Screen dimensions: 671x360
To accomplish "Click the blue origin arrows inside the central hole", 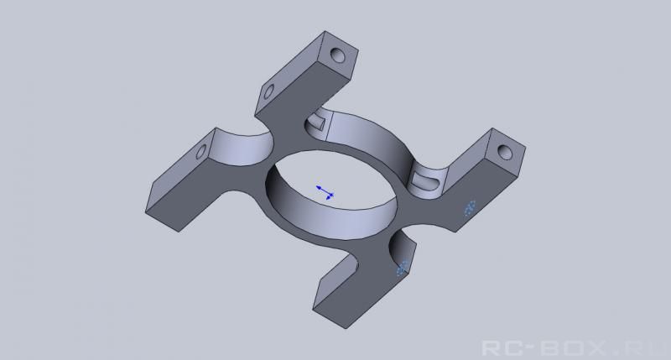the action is pyautogui.click(x=325, y=192).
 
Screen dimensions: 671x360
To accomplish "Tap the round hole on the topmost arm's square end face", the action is pyautogui.click(x=338, y=55).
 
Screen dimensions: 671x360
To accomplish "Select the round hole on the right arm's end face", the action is pyautogui.click(x=506, y=152).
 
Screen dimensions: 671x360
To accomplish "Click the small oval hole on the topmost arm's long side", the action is pyautogui.click(x=269, y=91).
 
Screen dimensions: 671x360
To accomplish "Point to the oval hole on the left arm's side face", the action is pyautogui.click(x=200, y=152).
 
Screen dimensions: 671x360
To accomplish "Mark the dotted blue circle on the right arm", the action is pyautogui.click(x=470, y=208).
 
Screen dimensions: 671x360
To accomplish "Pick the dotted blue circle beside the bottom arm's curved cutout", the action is pyautogui.click(x=402, y=269).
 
